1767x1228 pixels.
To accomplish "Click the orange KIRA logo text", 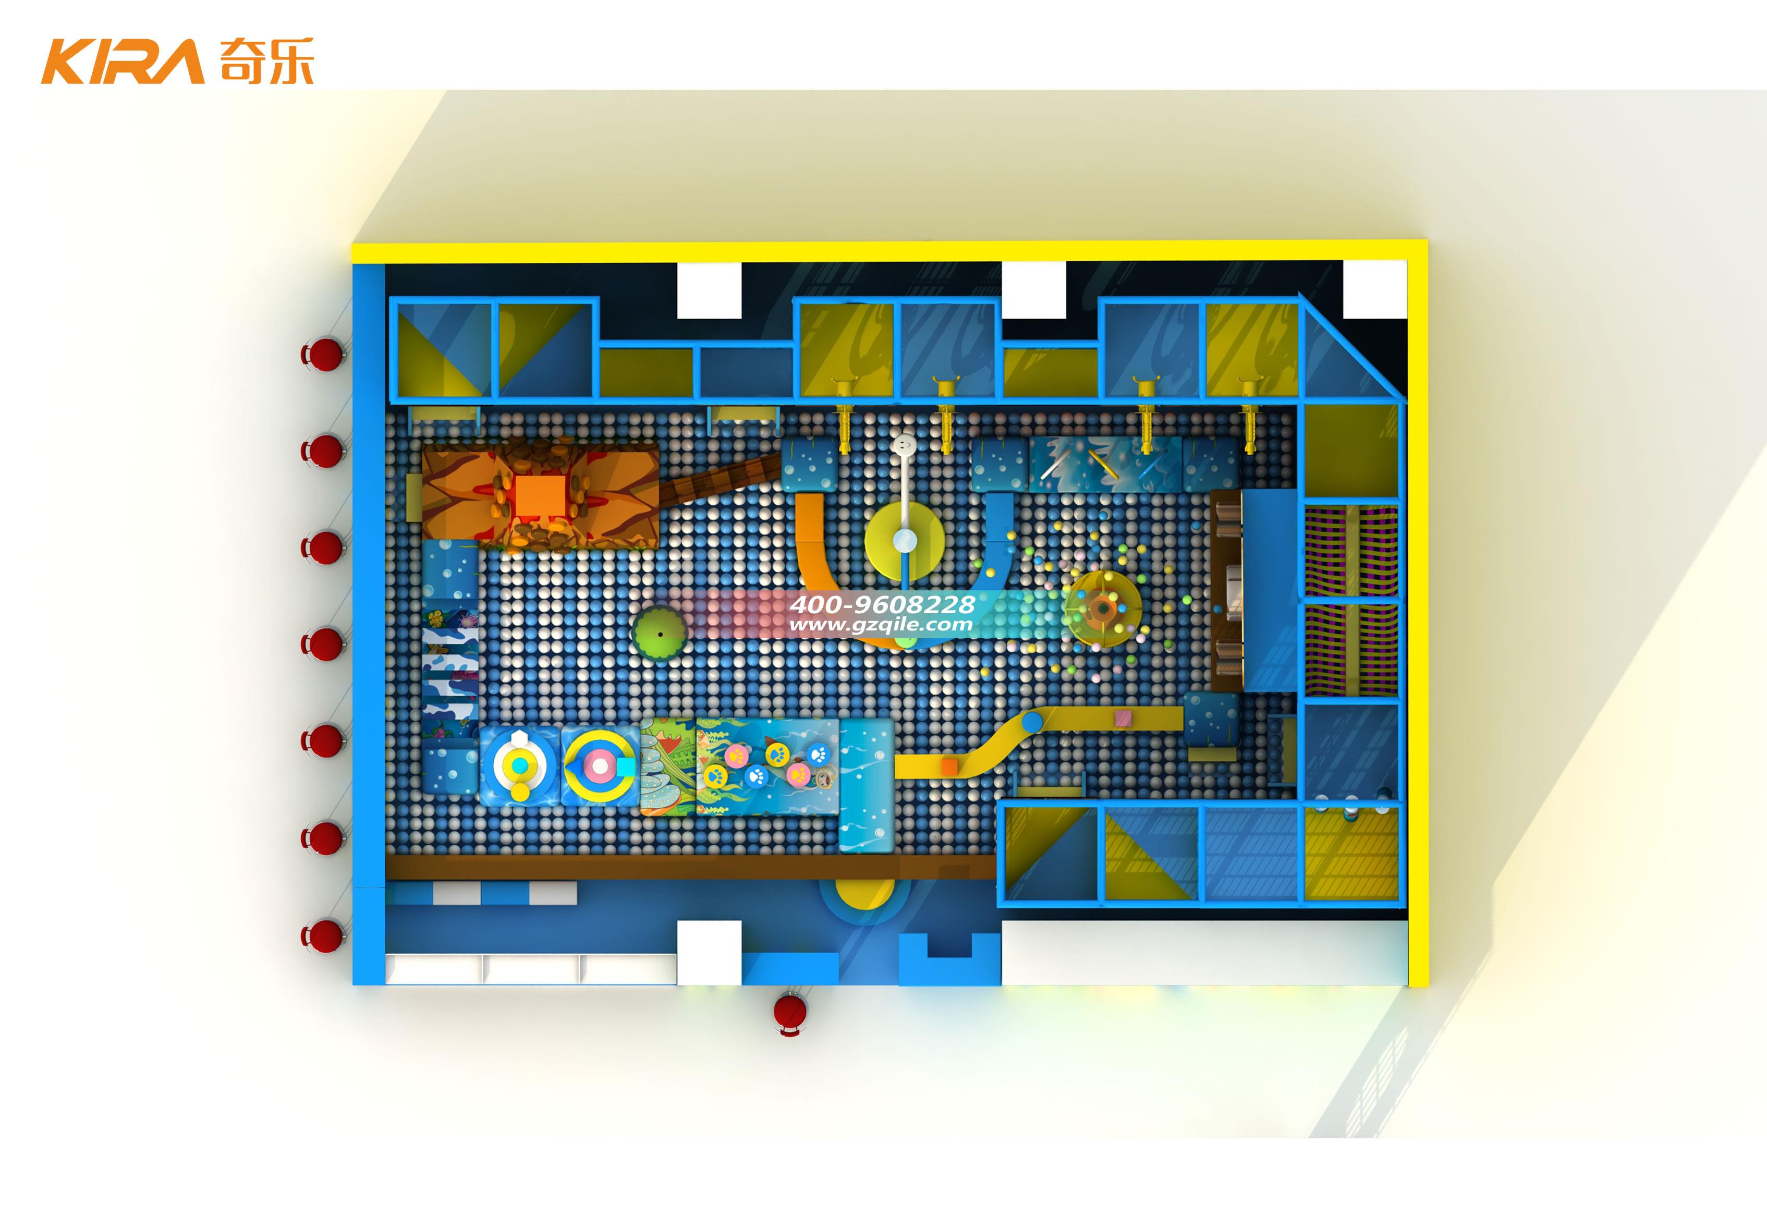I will pos(123,62).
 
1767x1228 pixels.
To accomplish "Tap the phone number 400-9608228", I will pos(882,604).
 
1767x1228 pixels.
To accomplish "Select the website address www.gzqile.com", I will pos(881,625).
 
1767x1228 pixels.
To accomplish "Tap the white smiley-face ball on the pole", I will pos(905,445).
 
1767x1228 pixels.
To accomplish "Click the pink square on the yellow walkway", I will pos(1124,719).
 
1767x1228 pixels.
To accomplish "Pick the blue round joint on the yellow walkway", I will pos(1032,722).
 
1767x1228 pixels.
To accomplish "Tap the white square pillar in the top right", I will pos(1374,288).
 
